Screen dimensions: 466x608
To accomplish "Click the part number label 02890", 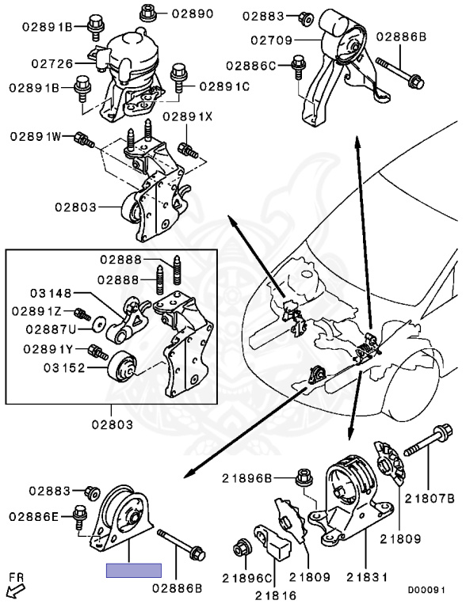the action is click(193, 14).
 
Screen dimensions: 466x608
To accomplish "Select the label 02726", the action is click(52, 63).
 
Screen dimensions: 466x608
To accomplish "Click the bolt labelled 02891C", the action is click(178, 78).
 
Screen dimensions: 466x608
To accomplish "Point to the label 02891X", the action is click(188, 116).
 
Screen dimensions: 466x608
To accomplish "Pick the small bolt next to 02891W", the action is click(84, 139).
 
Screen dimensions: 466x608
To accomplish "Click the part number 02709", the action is click(272, 40).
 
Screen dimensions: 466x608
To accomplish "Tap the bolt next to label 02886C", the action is click(298, 67).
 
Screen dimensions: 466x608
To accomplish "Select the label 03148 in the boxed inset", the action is click(52, 293).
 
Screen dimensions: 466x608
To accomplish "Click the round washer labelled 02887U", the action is click(101, 324).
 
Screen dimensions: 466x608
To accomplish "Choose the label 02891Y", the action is click(48, 349).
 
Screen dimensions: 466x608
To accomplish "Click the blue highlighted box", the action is click(134, 570).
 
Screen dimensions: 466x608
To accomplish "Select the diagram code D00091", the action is click(426, 590).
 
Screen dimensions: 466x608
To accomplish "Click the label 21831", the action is click(367, 577).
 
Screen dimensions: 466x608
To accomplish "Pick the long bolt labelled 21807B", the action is click(428, 443).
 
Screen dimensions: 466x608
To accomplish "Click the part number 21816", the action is click(276, 595).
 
